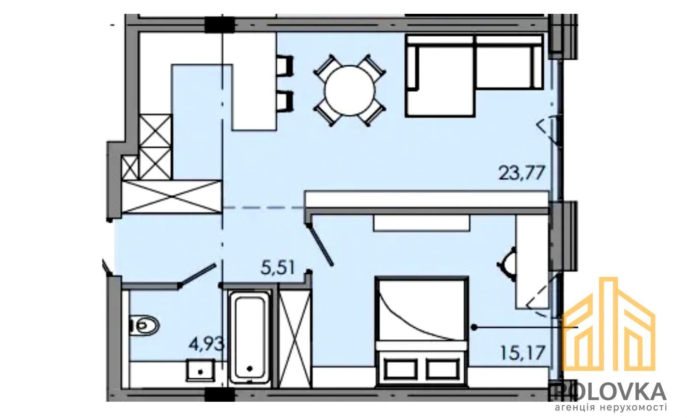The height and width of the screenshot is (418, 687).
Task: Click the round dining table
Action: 349,90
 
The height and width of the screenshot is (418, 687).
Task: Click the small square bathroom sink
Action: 201,370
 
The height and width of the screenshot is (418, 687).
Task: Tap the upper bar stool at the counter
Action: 285,65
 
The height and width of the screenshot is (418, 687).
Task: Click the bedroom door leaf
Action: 321,245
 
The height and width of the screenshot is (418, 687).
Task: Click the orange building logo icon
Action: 609,323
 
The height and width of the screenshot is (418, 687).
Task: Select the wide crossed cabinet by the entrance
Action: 172,197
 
